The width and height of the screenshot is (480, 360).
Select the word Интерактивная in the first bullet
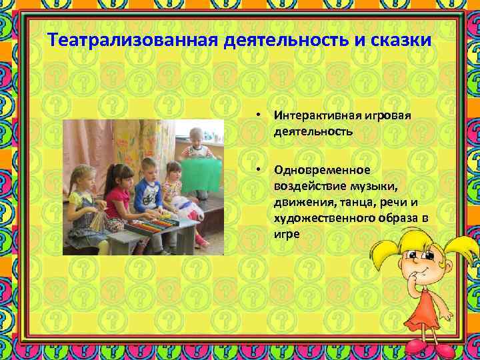click(x=315, y=115)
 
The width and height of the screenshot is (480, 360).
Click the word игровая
click(x=387, y=115)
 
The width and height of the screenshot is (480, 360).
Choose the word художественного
click(x=321, y=218)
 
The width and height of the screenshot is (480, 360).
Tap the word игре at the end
click(x=286, y=235)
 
